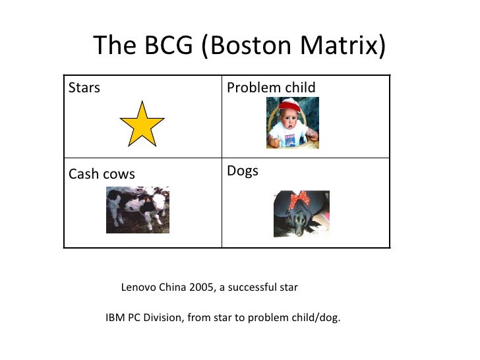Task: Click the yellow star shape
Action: [142, 124]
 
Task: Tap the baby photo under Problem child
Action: [292, 123]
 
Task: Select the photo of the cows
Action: [138, 210]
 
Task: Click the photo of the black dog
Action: [301, 214]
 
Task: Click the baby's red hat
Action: [291, 105]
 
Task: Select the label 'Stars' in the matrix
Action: [84, 88]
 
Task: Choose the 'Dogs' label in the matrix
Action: [243, 171]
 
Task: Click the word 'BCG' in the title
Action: [167, 46]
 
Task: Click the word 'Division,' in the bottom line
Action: [163, 318]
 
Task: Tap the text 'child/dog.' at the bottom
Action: [315, 318]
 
